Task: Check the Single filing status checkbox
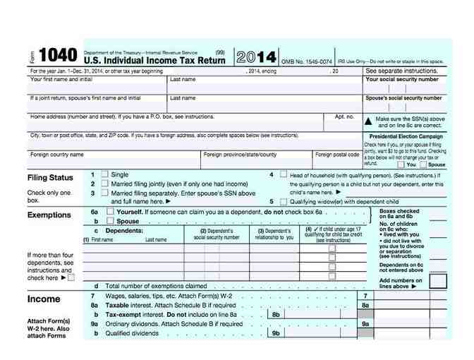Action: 104,174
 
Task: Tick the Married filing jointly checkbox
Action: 104,184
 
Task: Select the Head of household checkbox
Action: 284,174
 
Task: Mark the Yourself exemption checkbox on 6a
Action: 109,211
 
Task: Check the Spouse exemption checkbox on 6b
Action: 109,220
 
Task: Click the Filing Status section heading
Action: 50,178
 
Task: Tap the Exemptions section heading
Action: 49,215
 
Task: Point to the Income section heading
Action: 44,299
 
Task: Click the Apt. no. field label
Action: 344,116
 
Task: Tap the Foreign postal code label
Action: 337,154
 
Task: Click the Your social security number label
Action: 403,80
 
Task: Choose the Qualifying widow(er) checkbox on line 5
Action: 284,200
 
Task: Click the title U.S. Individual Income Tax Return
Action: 154,61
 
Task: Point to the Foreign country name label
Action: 56,154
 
